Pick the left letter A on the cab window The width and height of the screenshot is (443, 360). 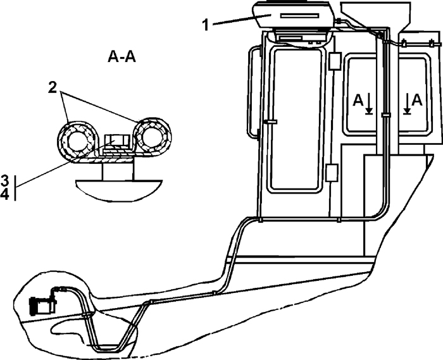358,100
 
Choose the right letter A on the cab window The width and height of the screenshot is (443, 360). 417,100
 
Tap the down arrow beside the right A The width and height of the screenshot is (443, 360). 406,105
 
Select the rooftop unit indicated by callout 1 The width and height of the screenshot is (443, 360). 292,15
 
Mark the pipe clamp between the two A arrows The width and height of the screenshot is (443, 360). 387,113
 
